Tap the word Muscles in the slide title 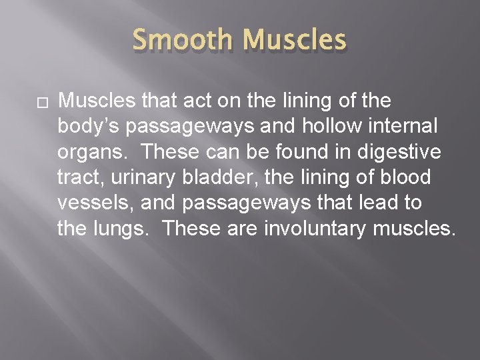(295, 41)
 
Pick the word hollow (315, 127)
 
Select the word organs (94, 152)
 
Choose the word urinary (141, 178)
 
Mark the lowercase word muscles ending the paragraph (414, 229)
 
